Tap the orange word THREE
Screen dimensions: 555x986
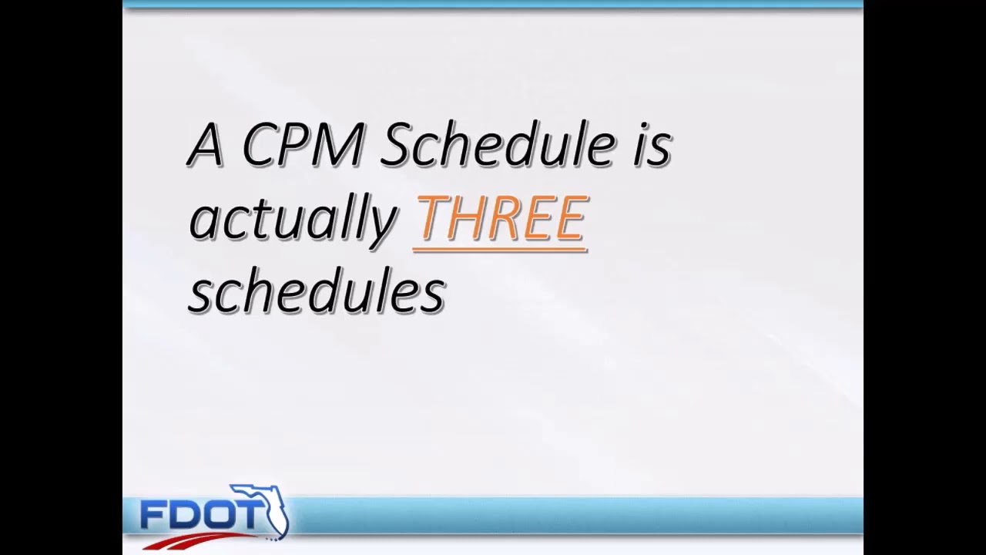(x=501, y=219)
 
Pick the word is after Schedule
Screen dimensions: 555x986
(x=652, y=146)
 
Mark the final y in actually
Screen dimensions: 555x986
(x=383, y=225)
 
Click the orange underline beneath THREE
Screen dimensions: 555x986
(x=501, y=249)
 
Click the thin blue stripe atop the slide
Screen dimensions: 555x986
(x=493, y=5)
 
